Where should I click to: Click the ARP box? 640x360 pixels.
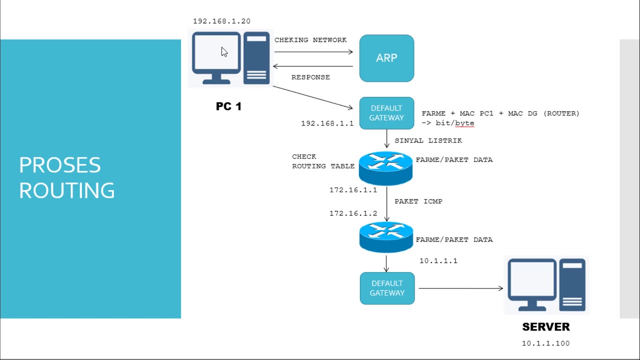pos(386,58)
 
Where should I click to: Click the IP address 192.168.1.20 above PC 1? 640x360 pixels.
pos(221,21)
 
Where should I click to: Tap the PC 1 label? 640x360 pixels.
pos(228,106)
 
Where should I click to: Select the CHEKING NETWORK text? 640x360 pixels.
pos(310,40)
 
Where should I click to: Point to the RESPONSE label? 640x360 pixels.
pos(310,77)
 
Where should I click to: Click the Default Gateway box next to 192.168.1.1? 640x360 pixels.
pos(386,113)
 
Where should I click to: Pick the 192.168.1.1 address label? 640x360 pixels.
pos(327,123)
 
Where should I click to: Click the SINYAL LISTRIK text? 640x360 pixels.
pos(428,141)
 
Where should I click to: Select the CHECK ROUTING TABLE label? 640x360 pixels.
pos(323,161)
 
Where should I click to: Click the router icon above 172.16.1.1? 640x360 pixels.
pos(385,167)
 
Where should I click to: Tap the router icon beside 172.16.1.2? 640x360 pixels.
pos(385,237)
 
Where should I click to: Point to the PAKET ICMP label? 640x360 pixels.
pos(418,201)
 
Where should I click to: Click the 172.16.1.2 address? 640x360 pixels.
pos(353,213)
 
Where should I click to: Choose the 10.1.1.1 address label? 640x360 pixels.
pos(438,261)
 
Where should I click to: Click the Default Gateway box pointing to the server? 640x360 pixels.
pos(387,288)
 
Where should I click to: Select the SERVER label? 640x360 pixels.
pos(545,327)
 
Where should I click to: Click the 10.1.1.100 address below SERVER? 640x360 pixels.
pos(545,343)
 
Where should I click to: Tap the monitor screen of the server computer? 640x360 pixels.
pos(532,280)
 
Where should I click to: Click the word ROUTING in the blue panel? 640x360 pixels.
pos(66,190)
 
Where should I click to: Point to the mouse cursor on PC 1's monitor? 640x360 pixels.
pos(223,52)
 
